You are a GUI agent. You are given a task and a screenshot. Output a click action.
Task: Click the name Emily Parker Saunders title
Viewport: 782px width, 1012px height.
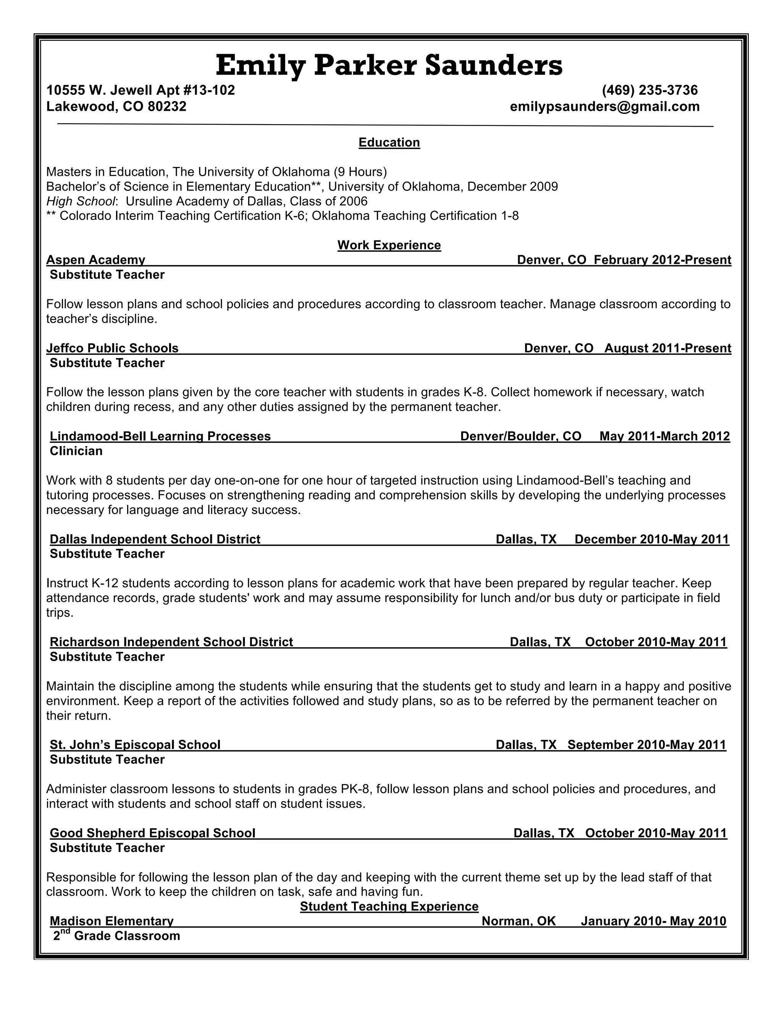[x=389, y=65]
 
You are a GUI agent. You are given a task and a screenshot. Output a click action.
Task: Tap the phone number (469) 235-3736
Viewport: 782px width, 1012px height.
[x=650, y=90]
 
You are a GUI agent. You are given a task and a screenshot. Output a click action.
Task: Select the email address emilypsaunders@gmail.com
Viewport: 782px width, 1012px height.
[x=604, y=107]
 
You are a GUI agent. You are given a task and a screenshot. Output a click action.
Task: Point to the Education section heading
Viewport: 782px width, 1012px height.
[x=389, y=142]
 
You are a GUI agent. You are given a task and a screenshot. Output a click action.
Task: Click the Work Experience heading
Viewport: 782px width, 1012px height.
[x=389, y=245]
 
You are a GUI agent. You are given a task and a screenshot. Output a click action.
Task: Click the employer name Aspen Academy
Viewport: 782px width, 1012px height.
[x=96, y=260]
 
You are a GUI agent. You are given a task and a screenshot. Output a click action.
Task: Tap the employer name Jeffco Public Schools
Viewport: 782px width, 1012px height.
[x=113, y=348]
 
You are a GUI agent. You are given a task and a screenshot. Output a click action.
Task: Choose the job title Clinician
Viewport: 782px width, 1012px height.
[x=76, y=451]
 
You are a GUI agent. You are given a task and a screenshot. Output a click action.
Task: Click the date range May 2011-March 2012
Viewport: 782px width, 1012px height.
[x=664, y=436]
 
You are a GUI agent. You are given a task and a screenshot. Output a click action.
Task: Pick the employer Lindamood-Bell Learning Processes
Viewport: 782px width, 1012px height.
[x=160, y=436]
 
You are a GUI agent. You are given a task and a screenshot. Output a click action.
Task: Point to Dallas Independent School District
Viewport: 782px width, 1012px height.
[x=155, y=539]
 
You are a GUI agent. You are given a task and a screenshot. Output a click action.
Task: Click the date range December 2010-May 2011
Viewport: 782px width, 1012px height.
[x=651, y=539]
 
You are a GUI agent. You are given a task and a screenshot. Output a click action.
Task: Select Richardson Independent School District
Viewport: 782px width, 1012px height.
[x=171, y=642]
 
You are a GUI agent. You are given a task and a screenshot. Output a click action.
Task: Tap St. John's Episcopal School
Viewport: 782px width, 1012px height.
[x=135, y=745]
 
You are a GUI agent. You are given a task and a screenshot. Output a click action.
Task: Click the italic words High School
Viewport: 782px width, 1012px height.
[x=81, y=201]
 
